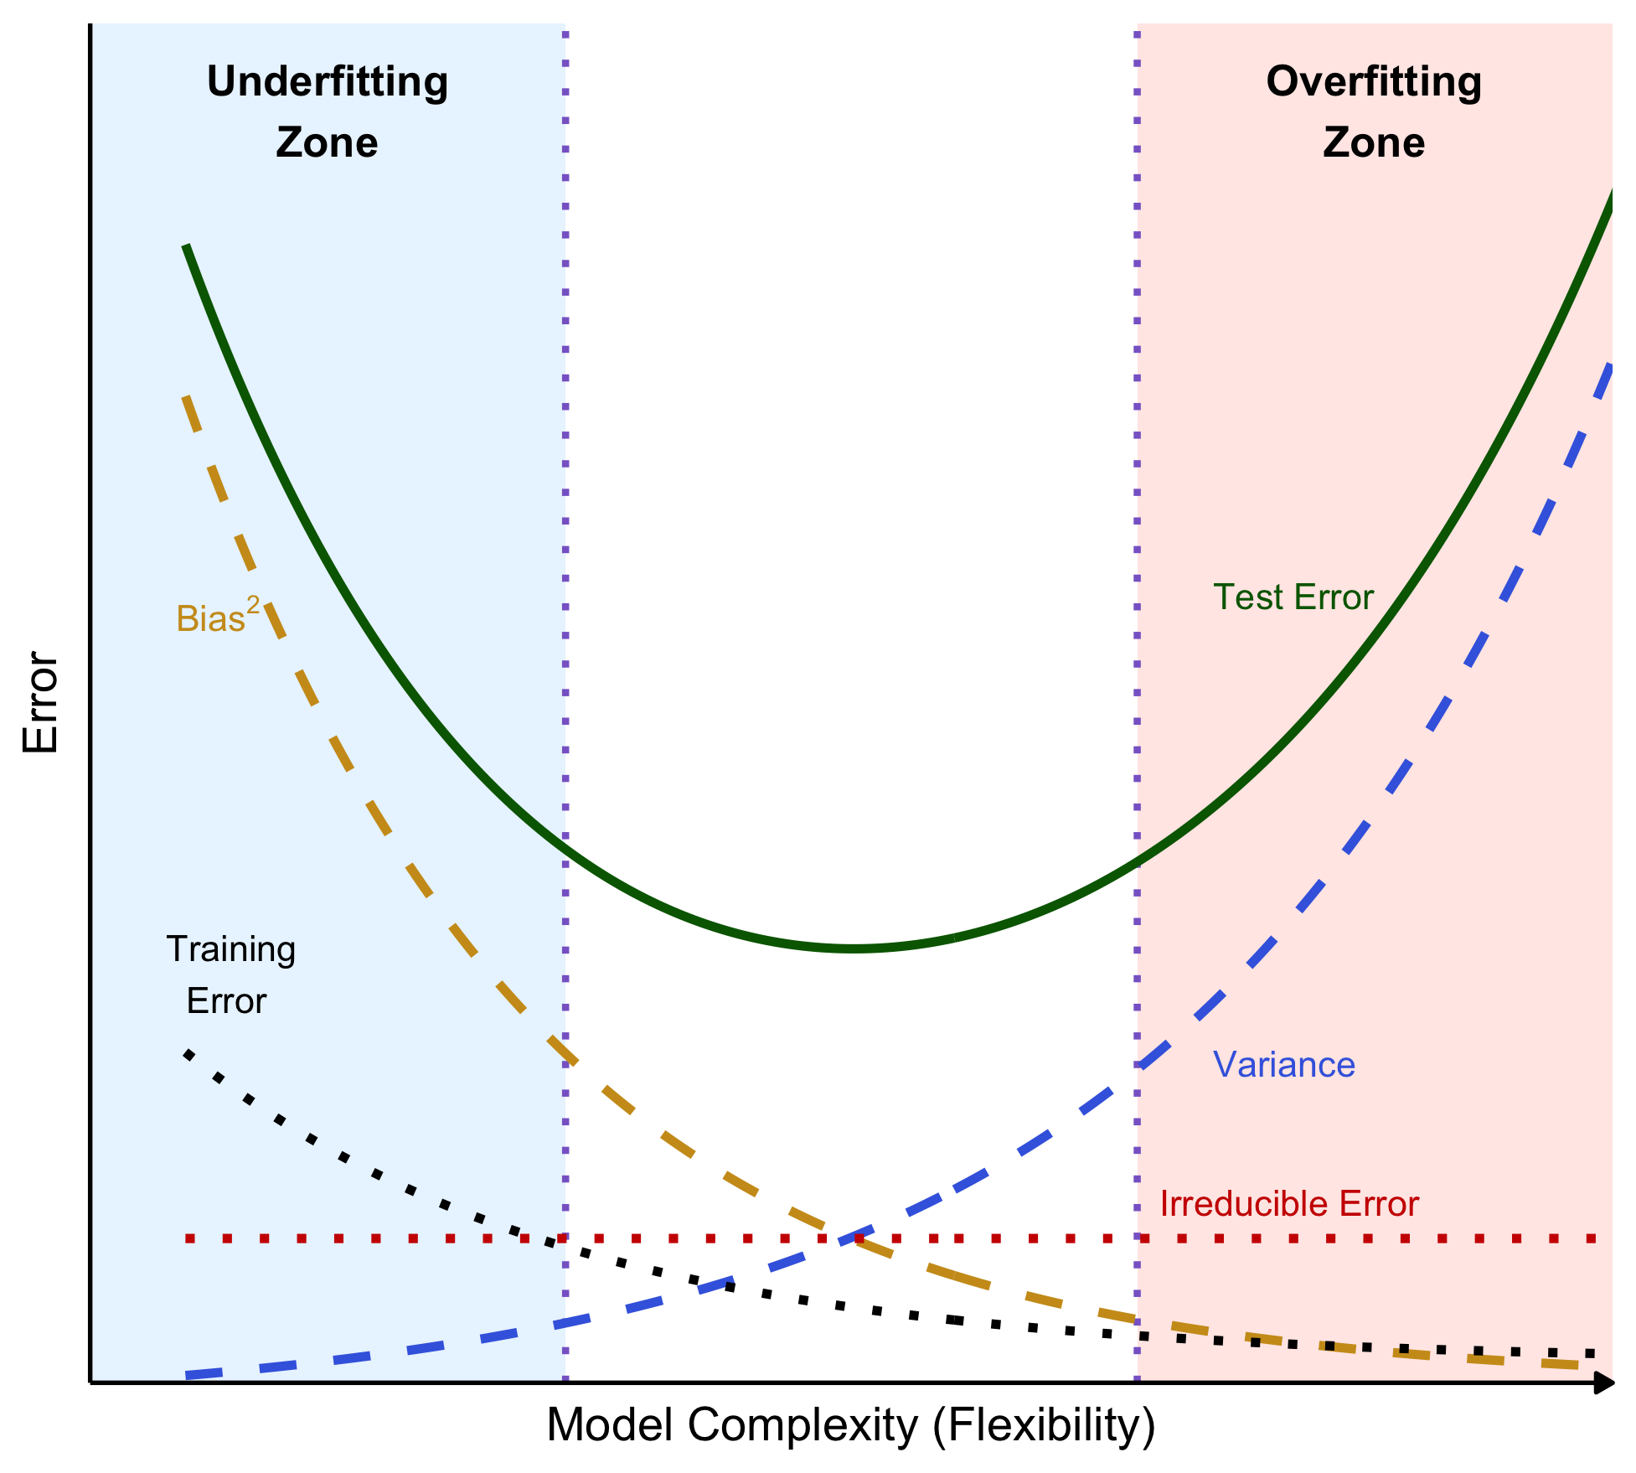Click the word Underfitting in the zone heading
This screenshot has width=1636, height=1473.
(328, 83)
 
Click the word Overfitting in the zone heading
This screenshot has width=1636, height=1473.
(1374, 83)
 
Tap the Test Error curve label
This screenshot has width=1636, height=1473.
(1293, 597)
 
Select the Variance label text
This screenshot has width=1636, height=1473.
(1283, 1065)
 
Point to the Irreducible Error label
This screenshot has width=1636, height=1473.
(1289, 1204)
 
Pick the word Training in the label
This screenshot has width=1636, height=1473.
(231, 949)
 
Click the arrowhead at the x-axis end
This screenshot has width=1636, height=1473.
(1605, 1383)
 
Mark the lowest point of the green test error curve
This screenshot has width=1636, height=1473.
(853, 948)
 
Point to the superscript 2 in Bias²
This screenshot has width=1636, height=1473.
(253, 604)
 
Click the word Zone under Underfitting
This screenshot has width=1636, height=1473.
(327, 142)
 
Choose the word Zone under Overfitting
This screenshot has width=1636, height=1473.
(1374, 142)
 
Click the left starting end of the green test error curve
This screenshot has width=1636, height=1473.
(186, 245)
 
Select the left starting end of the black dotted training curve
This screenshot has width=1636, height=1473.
(187, 1052)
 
